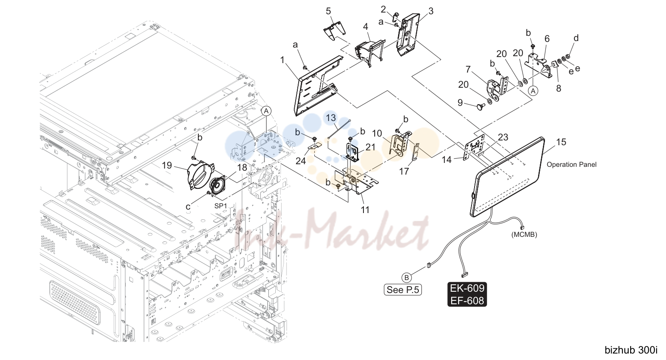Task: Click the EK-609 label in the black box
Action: click(x=467, y=288)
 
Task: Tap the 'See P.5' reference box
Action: click(x=403, y=290)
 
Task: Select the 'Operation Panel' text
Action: click(x=571, y=164)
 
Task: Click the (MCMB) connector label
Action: click(x=524, y=235)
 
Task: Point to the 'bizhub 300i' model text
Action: click(x=631, y=350)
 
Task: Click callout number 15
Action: click(x=561, y=142)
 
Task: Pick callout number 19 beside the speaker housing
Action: click(x=167, y=165)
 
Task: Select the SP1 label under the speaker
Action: click(x=220, y=206)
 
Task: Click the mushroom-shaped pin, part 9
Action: click(x=481, y=106)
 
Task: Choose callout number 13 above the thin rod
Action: click(x=331, y=118)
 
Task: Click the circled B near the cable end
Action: click(x=406, y=277)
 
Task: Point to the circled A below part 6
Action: click(x=533, y=91)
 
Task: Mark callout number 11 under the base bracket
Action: click(x=365, y=210)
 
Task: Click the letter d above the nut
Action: click(x=576, y=38)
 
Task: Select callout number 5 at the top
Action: click(x=328, y=11)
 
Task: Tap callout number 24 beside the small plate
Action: click(x=301, y=161)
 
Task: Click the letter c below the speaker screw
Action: click(x=188, y=207)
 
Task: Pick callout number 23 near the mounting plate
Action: click(x=503, y=137)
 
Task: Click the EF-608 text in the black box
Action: click(x=467, y=301)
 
